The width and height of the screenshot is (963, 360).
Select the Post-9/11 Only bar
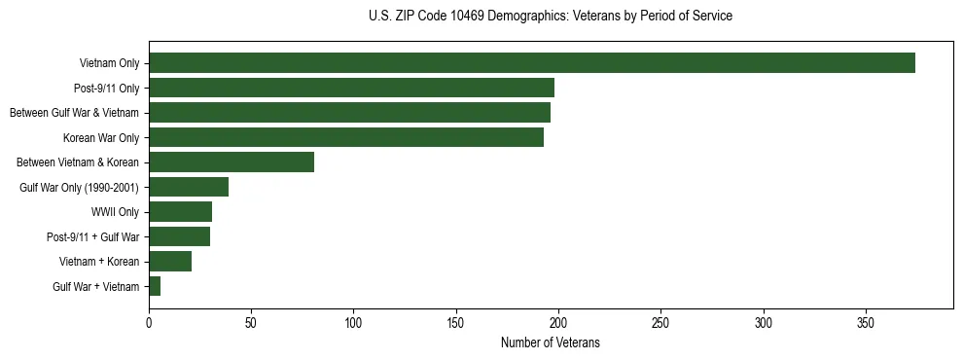[351, 88]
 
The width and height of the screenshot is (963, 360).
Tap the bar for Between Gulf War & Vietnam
[349, 113]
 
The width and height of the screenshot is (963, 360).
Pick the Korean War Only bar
[346, 137]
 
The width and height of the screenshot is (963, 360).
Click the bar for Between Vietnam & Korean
[232, 162]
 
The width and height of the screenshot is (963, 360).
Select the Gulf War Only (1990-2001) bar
[189, 187]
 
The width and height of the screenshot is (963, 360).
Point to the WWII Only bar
[180, 212]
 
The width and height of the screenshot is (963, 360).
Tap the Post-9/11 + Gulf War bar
[179, 236]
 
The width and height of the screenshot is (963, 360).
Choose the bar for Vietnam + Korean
[170, 262]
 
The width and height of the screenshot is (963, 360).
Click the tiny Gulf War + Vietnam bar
[155, 286]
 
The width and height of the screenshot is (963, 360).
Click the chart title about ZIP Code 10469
[551, 16]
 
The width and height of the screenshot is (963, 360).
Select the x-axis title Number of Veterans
[551, 343]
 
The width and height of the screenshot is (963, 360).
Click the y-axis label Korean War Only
[101, 138]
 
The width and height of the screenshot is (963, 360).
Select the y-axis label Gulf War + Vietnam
[95, 287]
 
